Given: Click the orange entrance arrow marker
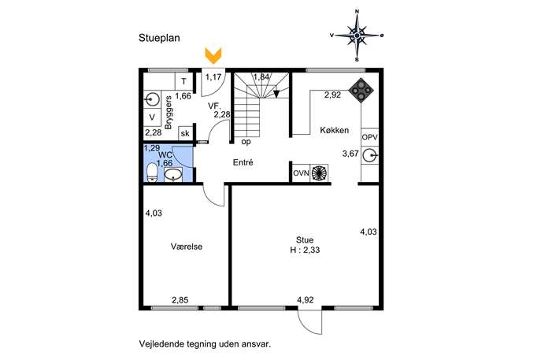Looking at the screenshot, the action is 213,56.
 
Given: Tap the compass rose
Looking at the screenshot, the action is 357,35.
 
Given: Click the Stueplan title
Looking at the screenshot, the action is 159,38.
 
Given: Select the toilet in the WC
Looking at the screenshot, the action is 152,173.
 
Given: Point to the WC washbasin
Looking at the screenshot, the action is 173,175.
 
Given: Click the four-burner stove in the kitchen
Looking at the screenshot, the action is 361,91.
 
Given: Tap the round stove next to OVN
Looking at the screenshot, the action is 318,173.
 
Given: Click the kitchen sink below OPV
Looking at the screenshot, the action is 370,155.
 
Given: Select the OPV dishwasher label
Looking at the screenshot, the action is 369,137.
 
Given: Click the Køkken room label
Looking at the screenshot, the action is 335,130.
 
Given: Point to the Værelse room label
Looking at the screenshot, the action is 187,247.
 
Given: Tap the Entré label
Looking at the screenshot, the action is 243,162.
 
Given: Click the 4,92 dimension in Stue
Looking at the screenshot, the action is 306,300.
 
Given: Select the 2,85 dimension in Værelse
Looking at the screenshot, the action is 180,300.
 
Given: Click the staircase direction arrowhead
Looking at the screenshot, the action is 276,95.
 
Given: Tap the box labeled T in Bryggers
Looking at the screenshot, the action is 184,81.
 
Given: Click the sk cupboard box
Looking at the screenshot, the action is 185,133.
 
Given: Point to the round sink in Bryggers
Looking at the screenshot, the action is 152,100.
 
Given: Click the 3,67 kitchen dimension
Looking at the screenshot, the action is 350,154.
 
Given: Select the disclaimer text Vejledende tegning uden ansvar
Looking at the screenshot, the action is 205,344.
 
